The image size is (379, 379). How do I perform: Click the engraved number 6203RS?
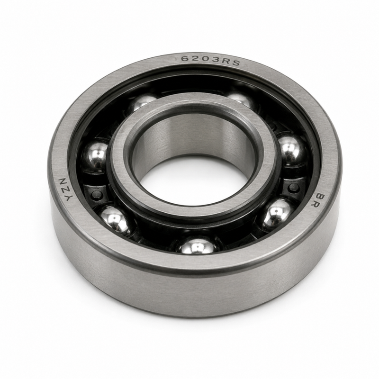click(x=210, y=60)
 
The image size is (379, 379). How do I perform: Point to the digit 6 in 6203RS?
click(x=185, y=59)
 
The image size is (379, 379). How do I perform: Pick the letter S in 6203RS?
click(x=235, y=63)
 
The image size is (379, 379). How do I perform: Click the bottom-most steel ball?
click(x=198, y=246)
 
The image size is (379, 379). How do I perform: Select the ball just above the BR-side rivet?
click(x=291, y=150)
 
